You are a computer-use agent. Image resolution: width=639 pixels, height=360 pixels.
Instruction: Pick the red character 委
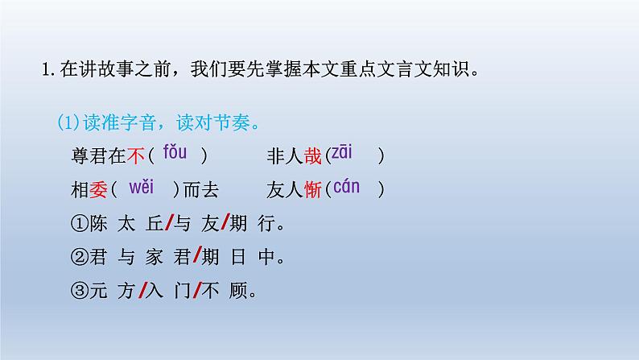97,190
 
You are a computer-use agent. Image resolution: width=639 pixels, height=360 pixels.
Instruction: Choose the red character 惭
314,190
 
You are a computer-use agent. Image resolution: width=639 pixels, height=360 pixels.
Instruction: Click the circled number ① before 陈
79,224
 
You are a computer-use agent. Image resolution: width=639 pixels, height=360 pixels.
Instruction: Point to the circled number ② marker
79,259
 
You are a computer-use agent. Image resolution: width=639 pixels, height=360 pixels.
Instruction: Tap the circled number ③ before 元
79,292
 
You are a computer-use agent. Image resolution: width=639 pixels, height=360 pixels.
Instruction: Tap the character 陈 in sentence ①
97,224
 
